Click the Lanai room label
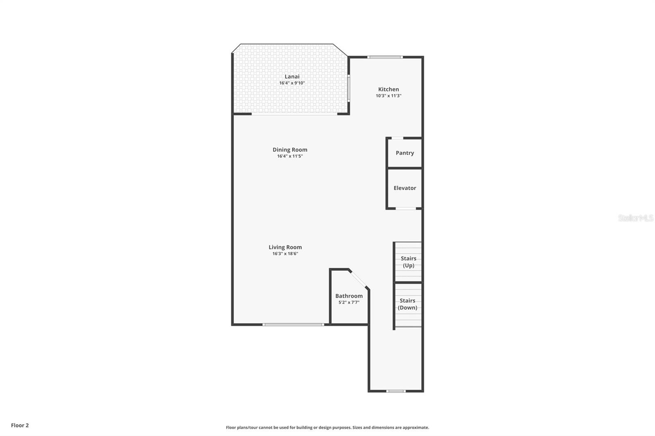click(292, 76)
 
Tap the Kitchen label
click(388, 89)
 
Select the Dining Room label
click(290, 150)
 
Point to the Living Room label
click(285, 247)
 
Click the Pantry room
click(404, 153)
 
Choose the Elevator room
click(404, 188)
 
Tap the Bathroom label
click(349, 296)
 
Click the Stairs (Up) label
click(408, 262)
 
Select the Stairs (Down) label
click(408, 304)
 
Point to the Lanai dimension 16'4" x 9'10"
click(292, 83)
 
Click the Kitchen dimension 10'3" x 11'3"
click(388, 96)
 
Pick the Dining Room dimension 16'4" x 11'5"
click(290, 156)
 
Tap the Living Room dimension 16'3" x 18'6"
click(285, 254)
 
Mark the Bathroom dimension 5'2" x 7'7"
click(349, 303)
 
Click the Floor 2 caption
click(20, 425)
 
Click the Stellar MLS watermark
click(635, 218)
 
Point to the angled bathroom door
click(359, 279)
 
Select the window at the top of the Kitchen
click(385, 57)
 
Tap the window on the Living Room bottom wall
click(293, 325)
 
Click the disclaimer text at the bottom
click(327, 427)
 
